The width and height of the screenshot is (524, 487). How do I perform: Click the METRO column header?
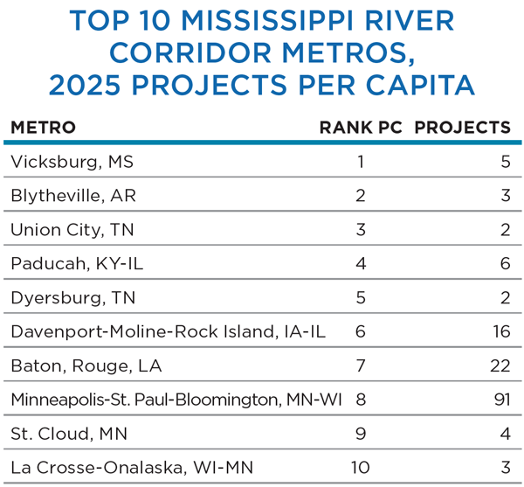tap(43, 128)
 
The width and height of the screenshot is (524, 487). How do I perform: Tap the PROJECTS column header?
tap(462, 128)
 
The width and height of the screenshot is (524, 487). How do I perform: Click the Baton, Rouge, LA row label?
tap(86, 366)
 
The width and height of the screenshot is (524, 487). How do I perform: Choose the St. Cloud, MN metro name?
tap(65, 435)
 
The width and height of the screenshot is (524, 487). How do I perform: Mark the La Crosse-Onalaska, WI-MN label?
tap(116, 468)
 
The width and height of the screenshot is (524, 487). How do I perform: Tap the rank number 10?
tap(360, 468)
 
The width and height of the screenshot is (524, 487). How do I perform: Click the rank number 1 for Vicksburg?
tap(361, 162)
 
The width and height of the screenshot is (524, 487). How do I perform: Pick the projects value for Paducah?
tap(505, 264)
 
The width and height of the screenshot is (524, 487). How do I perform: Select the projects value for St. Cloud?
tap(505, 435)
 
